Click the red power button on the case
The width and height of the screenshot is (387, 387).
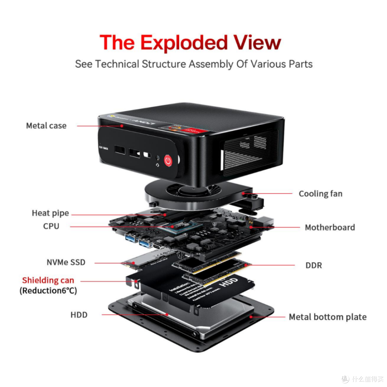point(168,161)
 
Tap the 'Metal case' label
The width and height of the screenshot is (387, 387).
point(46,126)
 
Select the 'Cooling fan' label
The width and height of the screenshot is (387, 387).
point(320,194)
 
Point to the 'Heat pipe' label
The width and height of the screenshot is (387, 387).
point(50,213)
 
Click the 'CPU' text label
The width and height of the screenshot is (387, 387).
point(51,226)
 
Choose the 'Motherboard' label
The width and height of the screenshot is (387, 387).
point(330,228)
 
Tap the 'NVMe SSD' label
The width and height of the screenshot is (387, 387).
point(66,262)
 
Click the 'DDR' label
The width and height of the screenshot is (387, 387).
point(314,266)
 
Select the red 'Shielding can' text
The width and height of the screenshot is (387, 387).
point(48,280)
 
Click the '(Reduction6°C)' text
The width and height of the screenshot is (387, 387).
point(48,291)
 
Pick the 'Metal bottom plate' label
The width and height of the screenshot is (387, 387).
point(328,317)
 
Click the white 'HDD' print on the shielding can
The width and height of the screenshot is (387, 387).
point(228,283)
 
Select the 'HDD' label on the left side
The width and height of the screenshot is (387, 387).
point(79,315)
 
